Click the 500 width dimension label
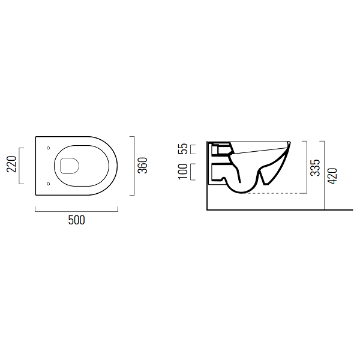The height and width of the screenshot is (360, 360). tap(76, 220)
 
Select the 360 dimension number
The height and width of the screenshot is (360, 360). tap(142, 166)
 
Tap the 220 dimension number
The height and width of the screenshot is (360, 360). tap(11, 164)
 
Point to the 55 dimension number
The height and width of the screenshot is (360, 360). tap(183, 149)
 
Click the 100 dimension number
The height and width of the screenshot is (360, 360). tap(183, 172)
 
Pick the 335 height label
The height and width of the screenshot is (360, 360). tap(315, 167)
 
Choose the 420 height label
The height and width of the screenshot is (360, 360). tap(332, 176)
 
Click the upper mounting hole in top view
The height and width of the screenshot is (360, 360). tap(48, 148)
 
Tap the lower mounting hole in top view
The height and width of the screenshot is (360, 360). tap(48, 184)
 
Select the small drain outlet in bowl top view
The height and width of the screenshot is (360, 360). tap(70, 166)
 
